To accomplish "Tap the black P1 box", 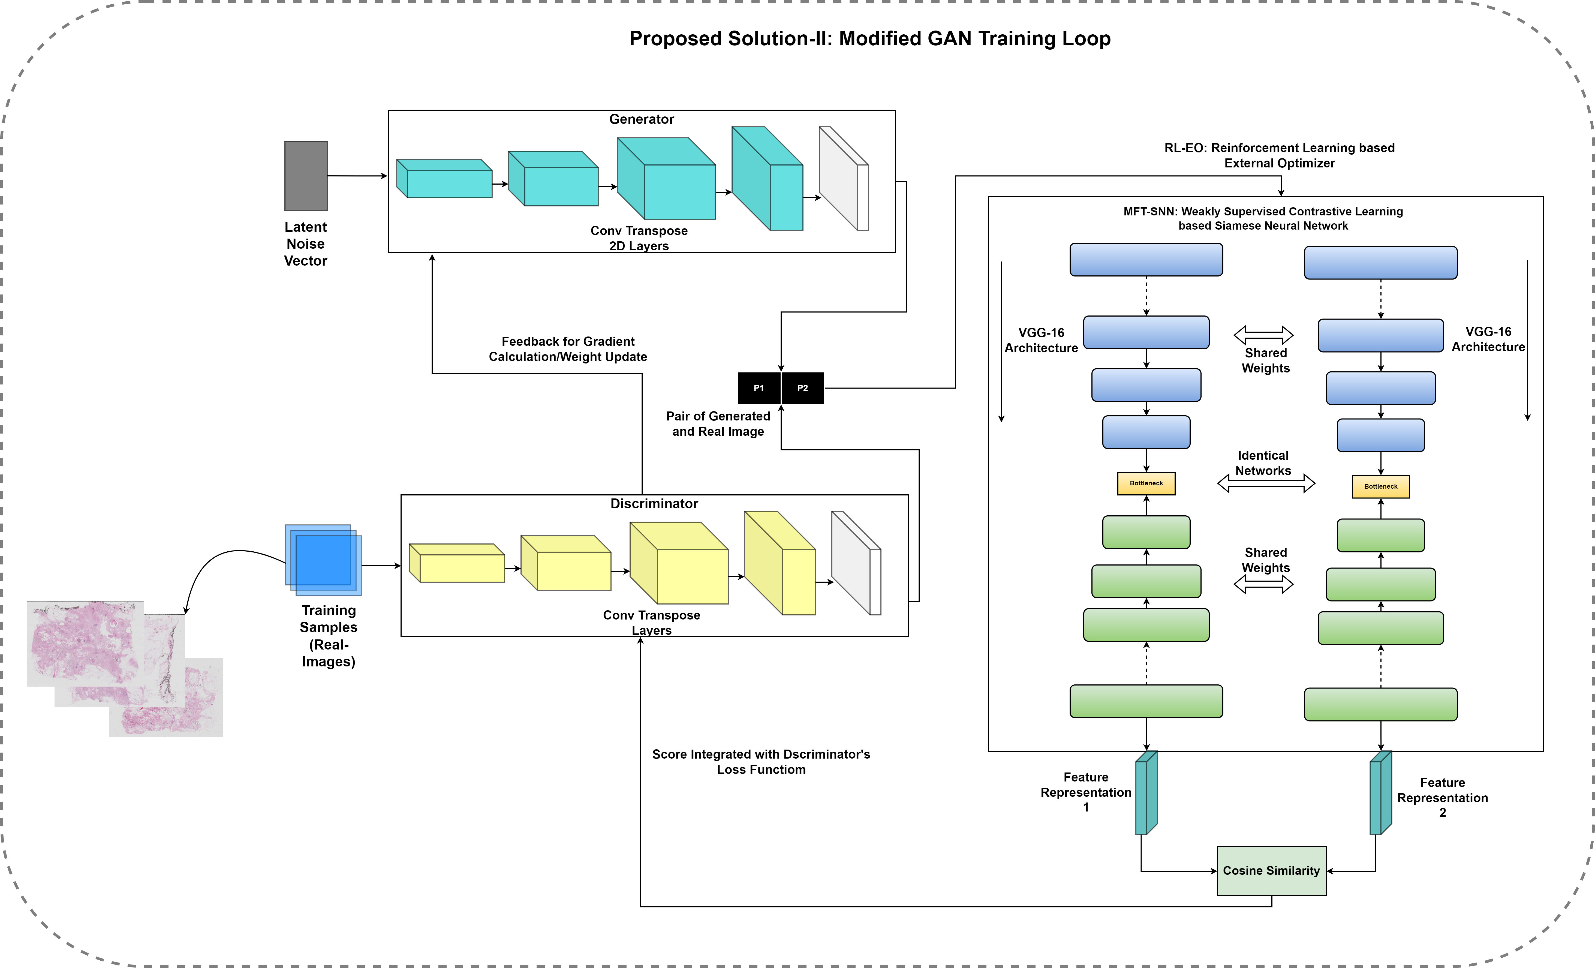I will click(x=759, y=388).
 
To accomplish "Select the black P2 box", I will click(x=803, y=388).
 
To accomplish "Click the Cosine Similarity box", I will click(x=1271, y=871).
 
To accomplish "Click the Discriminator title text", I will click(x=654, y=504).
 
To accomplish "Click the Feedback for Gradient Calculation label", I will click(x=568, y=349).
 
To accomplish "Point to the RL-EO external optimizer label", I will click(x=1279, y=155).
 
